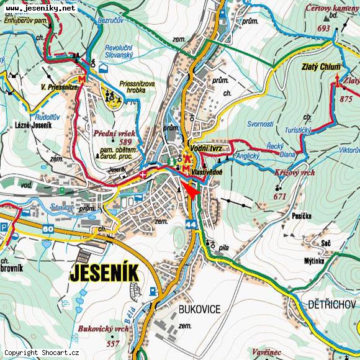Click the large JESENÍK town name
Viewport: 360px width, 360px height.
pos(104,272)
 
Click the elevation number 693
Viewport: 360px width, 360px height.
pos(323,29)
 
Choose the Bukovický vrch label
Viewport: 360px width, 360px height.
pos(103,328)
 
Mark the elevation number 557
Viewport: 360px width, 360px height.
pos(112,343)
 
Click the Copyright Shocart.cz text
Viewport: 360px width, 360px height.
pos(42,353)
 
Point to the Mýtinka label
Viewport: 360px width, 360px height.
pos(314,260)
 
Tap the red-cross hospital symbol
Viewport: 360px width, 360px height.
pos(144,176)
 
